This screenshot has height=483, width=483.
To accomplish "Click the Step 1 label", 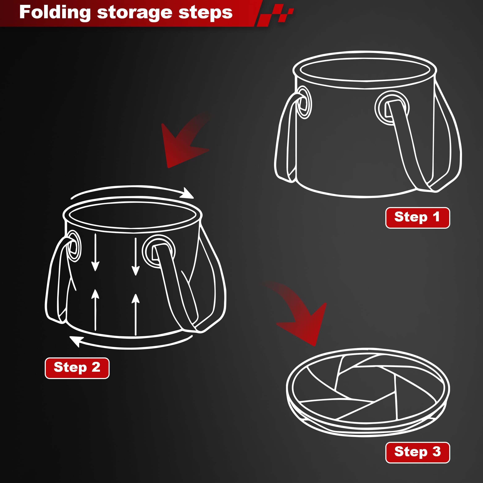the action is [417, 218].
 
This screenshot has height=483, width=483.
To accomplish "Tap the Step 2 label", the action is [77, 368].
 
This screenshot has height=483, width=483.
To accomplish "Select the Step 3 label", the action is [417, 453].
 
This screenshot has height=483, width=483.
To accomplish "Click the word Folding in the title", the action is [55, 13].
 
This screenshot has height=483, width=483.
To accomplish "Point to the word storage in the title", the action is [134, 13].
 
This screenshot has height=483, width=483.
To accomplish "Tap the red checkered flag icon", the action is [275, 15].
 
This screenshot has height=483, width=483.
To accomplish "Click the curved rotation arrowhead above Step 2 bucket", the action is [187, 193].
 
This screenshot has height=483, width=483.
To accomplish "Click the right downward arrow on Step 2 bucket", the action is [135, 256].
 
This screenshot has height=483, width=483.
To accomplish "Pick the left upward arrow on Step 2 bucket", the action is [95, 310].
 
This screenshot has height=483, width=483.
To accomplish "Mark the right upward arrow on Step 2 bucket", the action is [135, 315].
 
